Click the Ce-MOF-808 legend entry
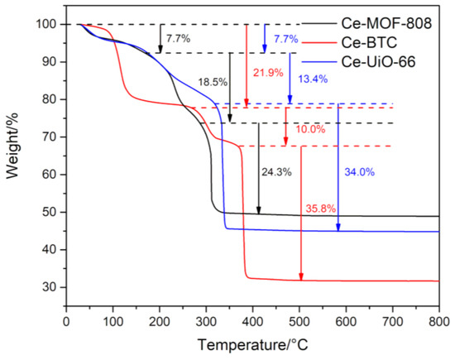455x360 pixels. click(x=390, y=23)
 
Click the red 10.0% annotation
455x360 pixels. click(x=309, y=129)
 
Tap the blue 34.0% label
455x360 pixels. click(x=359, y=172)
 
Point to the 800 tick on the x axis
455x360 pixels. click(x=438, y=319)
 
